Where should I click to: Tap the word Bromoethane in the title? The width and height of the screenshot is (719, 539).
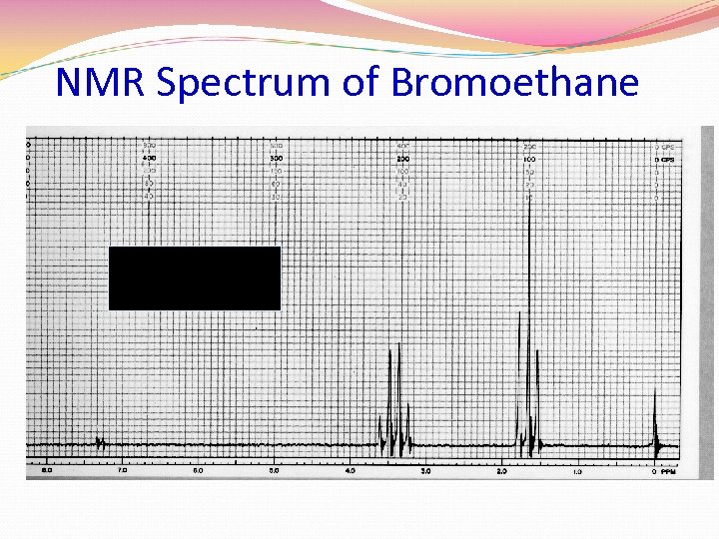point(514,82)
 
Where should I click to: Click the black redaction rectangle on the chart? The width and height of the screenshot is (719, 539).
point(195,278)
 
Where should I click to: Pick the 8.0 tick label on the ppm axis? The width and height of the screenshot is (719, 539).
point(46,470)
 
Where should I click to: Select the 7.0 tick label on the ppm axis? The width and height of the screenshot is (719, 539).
point(122,470)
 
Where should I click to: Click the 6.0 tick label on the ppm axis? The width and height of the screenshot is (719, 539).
point(198,470)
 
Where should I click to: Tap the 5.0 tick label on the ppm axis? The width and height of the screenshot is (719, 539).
point(274,470)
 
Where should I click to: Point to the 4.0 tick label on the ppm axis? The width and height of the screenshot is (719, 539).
point(350,470)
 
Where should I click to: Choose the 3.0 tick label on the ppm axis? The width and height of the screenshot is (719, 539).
point(425,470)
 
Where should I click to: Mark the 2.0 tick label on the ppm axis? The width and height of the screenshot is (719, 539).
point(501,470)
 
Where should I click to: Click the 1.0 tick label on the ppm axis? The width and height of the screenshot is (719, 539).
point(577,470)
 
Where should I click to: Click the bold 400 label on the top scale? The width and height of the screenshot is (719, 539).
point(149,159)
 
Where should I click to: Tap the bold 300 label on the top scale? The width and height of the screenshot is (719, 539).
point(276,159)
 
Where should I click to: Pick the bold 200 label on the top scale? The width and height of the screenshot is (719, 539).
point(402,159)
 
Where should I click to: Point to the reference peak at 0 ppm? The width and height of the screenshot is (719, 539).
point(655,419)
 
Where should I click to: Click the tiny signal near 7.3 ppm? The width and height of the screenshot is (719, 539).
point(99,440)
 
